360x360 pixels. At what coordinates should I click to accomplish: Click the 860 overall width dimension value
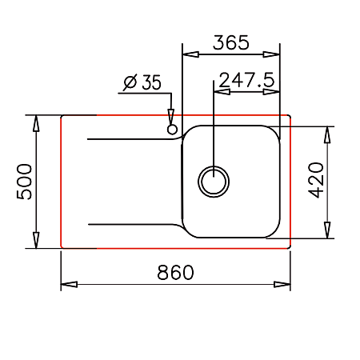[x=175, y=272]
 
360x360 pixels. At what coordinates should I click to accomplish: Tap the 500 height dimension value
[x=24, y=182]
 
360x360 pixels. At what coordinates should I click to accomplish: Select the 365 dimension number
[x=231, y=42]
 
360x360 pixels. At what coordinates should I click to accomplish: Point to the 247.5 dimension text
[x=246, y=80]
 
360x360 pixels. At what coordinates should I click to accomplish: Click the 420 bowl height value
[x=316, y=180]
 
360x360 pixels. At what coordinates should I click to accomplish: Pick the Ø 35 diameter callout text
[x=142, y=82]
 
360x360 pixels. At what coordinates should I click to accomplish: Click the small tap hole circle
[x=172, y=130]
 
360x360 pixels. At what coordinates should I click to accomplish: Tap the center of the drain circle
[x=214, y=182]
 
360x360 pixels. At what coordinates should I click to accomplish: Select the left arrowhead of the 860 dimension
[x=69, y=284]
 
